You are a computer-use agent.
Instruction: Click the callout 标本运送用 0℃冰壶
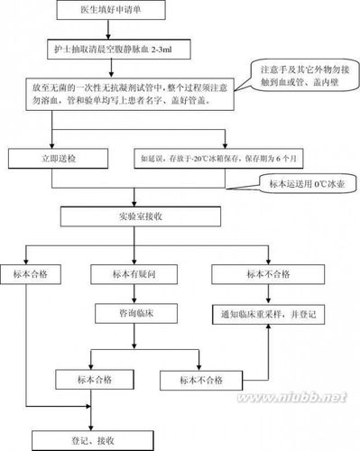pos(305,184)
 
